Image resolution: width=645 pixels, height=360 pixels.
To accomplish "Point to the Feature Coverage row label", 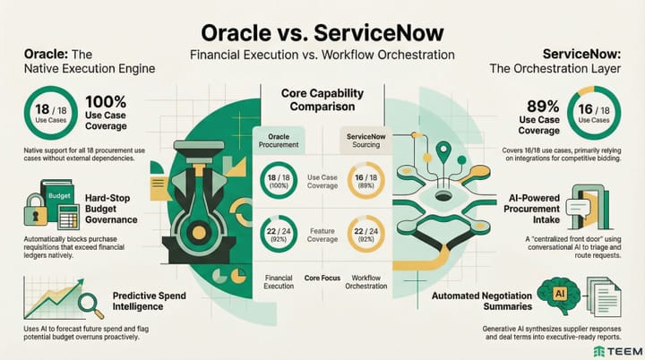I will pos(322,236).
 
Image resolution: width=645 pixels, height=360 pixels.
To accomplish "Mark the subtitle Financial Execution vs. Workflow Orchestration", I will pos(322,56).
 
